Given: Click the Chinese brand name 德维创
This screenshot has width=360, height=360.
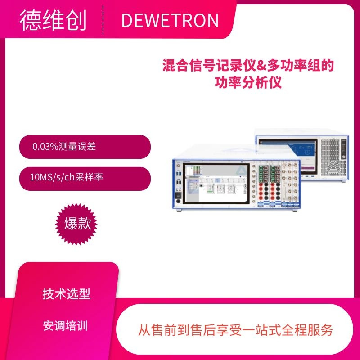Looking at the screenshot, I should [x=53, y=20].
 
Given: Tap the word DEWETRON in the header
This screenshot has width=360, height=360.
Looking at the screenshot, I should [x=170, y=21].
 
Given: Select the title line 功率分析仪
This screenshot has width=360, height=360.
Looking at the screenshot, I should [x=248, y=83].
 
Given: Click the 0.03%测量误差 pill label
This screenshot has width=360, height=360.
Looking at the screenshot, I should [x=64, y=147].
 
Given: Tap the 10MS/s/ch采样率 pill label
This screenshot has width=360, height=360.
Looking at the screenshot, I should [x=66, y=178].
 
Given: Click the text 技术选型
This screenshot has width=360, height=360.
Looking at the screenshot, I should [x=67, y=294].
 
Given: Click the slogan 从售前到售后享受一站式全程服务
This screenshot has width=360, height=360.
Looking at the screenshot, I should [x=235, y=330].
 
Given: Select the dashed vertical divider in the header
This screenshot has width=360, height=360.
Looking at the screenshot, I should [x=103, y=20].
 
